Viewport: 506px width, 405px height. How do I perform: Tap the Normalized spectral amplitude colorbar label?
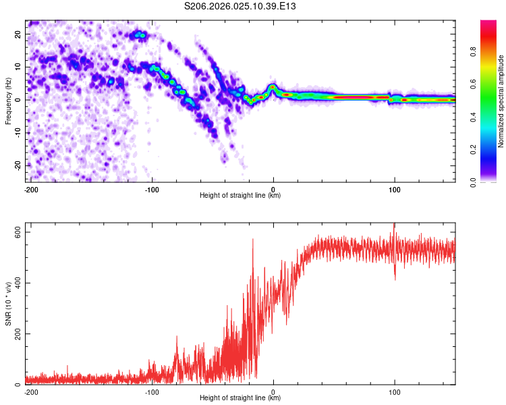point(501,101)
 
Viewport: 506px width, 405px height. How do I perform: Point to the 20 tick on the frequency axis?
point(18,34)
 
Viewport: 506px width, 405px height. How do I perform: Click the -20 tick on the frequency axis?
point(16,165)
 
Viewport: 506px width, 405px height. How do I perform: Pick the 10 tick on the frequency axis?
point(18,67)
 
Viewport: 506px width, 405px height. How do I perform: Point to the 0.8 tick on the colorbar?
point(473,52)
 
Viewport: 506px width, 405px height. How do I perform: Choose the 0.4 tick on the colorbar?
point(473,117)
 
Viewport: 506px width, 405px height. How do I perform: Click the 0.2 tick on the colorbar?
point(473,149)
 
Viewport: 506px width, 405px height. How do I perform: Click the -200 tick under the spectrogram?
point(30,188)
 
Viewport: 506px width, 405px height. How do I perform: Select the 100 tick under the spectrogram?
point(395,188)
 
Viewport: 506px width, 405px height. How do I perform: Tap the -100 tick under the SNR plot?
point(152,391)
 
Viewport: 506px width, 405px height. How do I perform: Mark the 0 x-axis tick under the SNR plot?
point(273,391)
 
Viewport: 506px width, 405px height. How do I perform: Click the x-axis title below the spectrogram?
point(240,196)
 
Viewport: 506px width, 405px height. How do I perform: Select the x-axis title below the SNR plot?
point(240,399)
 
